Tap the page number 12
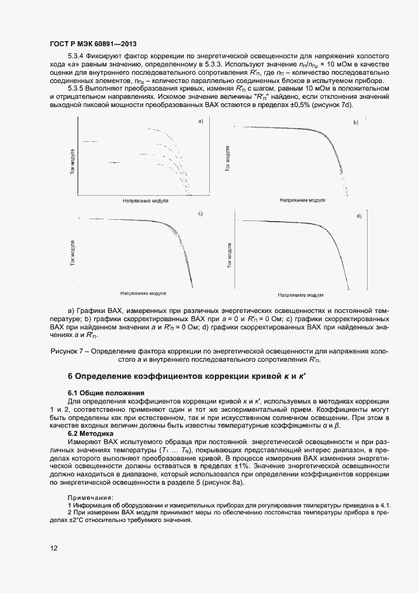53,550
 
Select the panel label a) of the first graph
200,121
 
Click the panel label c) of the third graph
200,214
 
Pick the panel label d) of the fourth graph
359,216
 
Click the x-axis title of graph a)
146,200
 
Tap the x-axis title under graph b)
302,200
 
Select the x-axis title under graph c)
143,294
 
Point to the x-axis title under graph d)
302,295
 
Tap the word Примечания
91,497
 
